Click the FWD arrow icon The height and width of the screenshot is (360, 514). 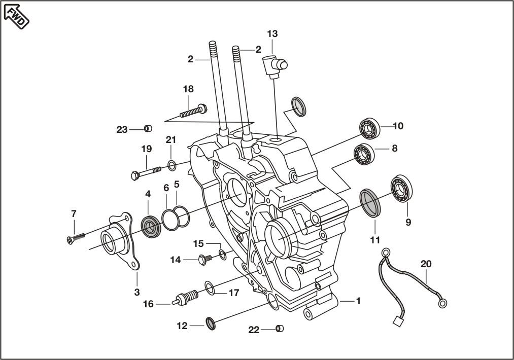16,17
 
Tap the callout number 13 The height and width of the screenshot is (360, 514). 272,34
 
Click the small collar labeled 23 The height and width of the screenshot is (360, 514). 148,128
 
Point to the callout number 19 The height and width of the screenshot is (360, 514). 147,149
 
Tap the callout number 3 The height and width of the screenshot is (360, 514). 136,292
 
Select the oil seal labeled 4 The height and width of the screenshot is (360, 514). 151,226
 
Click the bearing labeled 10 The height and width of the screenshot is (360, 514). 370,127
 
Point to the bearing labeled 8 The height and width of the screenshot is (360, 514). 363,154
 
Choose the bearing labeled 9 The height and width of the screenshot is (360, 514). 401,189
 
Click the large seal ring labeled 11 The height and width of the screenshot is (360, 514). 370,203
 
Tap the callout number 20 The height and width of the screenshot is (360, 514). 426,264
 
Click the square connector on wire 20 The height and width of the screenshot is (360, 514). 398,321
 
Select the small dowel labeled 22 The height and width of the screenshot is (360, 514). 280,328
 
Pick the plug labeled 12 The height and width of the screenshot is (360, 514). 211,323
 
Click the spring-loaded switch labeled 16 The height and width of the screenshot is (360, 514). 186,298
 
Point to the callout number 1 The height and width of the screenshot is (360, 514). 358,301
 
